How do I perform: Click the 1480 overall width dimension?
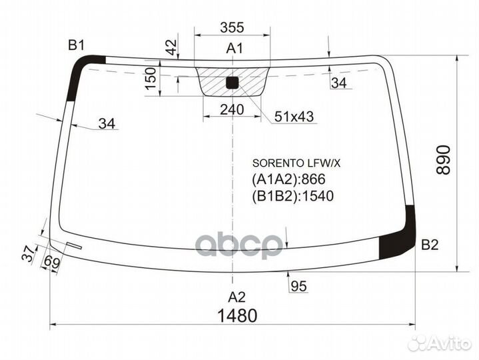237,315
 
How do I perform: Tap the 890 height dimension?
443,160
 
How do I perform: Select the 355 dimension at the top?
232,27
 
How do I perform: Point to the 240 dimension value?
232,109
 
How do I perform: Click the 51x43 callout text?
294,116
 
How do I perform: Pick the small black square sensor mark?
232,83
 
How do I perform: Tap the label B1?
76,45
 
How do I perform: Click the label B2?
430,245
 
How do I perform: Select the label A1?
235,48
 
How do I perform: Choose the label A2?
237,297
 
